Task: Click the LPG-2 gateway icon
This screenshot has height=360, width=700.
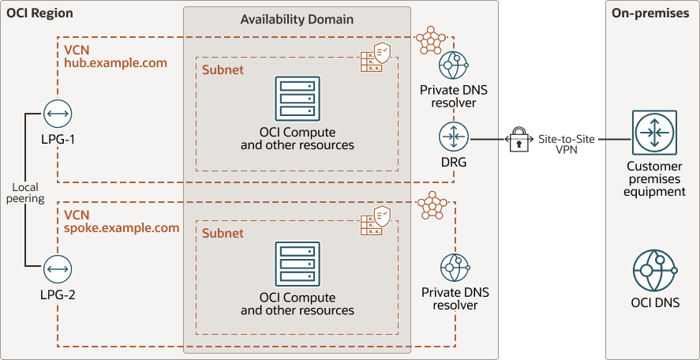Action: click(56, 269)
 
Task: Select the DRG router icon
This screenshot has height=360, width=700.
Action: click(455, 137)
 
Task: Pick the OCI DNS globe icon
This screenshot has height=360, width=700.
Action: click(655, 270)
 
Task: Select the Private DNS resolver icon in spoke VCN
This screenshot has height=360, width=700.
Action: click(455, 268)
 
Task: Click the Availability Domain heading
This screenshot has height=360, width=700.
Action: click(297, 19)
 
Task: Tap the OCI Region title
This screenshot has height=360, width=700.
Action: click(39, 13)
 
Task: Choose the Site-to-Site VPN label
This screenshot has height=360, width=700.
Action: click(566, 144)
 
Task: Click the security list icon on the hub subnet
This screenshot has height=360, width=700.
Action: click(375, 58)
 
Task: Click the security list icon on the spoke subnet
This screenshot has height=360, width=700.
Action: click(375, 220)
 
